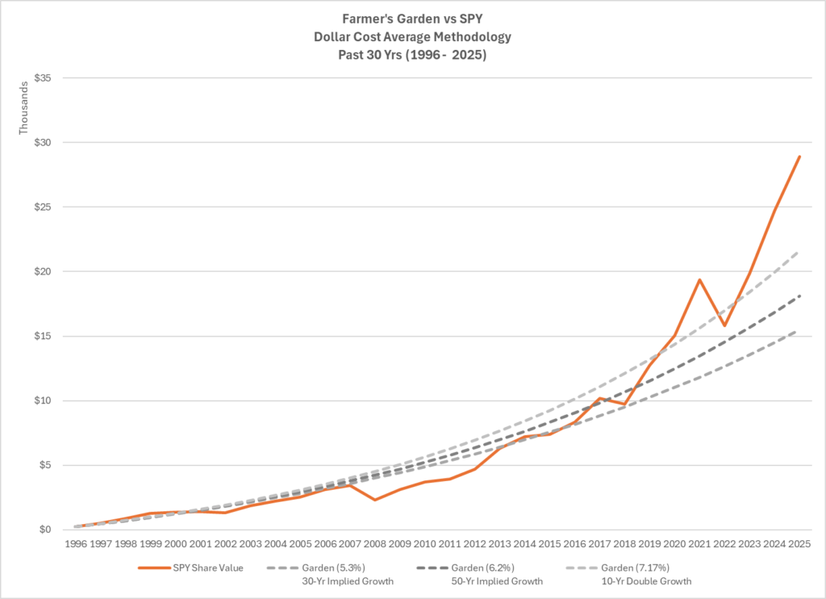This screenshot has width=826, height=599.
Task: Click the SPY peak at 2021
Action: (x=699, y=280)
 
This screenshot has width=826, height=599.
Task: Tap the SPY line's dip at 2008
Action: (x=375, y=500)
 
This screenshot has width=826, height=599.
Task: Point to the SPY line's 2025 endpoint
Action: (x=799, y=156)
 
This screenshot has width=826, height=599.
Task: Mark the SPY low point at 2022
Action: (x=724, y=326)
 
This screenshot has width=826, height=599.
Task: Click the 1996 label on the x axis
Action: (x=76, y=544)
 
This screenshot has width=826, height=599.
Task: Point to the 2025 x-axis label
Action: (x=799, y=544)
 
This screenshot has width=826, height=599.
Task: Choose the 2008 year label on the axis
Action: (x=375, y=544)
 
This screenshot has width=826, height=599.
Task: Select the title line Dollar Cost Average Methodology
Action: (x=412, y=37)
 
